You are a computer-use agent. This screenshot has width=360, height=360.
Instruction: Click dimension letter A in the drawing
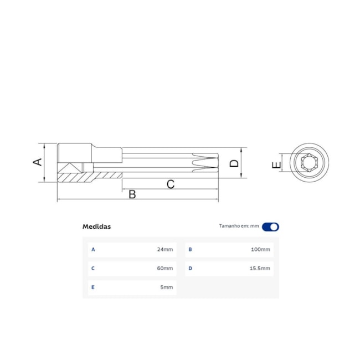[x=37, y=162]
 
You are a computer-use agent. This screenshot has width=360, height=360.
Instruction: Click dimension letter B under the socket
[x=132, y=194]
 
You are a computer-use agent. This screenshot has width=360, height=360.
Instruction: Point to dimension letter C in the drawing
[x=171, y=184]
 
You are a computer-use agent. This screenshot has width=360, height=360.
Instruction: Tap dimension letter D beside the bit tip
[x=234, y=163]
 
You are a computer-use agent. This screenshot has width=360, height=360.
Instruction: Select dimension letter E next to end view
[x=277, y=164]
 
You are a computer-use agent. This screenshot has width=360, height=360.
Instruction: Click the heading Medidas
[x=96, y=227]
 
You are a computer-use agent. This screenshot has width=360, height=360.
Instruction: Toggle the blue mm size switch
[x=271, y=227]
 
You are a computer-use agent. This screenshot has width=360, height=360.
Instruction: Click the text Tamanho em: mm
[x=239, y=227]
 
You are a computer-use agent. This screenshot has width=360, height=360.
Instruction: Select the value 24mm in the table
[x=165, y=250]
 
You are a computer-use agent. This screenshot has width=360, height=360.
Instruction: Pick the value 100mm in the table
[x=260, y=250]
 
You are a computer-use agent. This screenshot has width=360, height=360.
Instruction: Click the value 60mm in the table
[x=165, y=269]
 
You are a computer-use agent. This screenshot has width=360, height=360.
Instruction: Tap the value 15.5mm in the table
[x=259, y=269]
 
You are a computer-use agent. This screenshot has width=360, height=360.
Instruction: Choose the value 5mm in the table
[x=167, y=287]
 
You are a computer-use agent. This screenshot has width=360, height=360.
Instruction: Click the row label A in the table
[x=93, y=250]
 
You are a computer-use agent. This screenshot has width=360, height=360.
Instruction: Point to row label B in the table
[x=190, y=250]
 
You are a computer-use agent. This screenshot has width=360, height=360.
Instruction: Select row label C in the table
[x=93, y=269]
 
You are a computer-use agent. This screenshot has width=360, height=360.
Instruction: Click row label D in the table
[x=190, y=269]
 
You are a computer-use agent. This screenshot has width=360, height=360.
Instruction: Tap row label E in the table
[x=93, y=287]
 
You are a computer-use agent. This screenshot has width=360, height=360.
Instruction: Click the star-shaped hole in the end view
[x=308, y=164]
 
